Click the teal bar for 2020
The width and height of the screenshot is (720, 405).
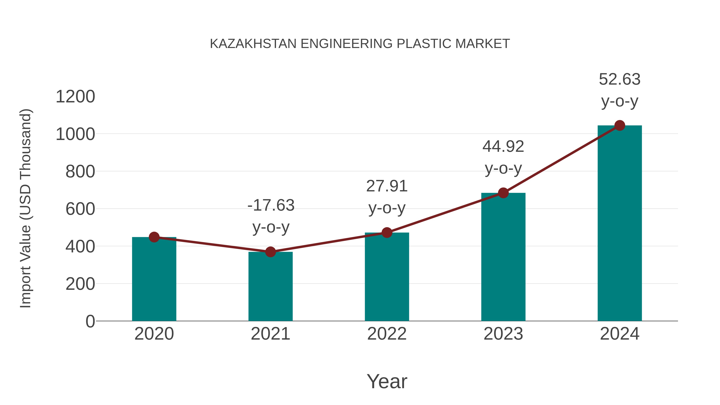coord(154,280)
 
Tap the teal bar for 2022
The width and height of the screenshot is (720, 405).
coord(387,277)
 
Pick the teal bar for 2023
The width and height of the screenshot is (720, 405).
coord(503,257)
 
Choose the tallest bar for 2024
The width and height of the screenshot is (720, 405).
coord(620,224)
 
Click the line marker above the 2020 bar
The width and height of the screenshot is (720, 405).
coord(154,237)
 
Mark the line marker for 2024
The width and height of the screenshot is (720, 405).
coord(620,125)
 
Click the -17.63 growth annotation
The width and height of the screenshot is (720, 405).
coord(271,205)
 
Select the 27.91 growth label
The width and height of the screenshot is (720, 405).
coord(387,186)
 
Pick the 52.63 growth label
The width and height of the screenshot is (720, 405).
coord(620,79)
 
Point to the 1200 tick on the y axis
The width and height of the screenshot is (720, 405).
coord(75,97)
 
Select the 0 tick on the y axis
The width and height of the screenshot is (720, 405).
coord(90,321)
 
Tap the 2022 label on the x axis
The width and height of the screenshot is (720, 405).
coord(387,334)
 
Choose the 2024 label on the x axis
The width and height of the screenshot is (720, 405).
coord(620,334)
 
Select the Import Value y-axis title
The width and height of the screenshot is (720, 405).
coord(25,208)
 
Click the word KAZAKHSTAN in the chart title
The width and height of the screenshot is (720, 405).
coord(253,44)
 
